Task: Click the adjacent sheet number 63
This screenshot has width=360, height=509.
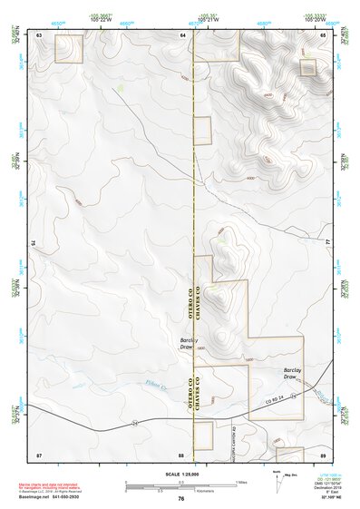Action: [40, 34]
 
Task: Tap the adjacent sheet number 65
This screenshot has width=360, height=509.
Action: [323, 34]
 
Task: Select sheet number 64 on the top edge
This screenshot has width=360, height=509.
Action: [182, 34]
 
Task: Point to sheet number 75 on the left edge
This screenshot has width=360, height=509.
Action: [34, 243]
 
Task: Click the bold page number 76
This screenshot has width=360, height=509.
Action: [181, 498]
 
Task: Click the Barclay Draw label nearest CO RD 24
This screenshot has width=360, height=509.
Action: [291, 373]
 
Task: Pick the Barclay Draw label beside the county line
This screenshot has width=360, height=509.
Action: [187, 343]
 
